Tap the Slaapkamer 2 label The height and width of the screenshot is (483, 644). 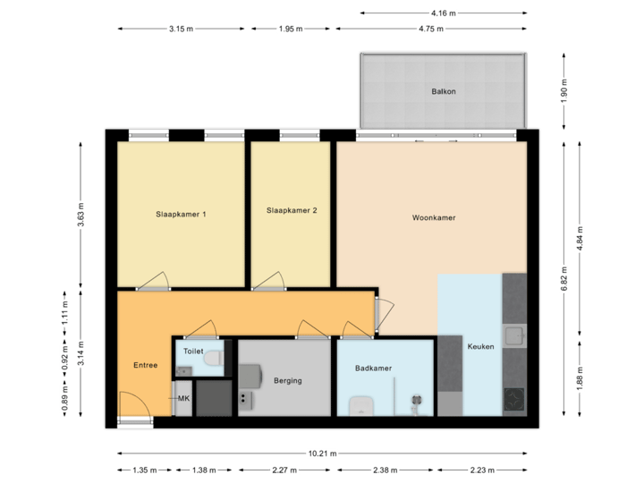pos(292,211)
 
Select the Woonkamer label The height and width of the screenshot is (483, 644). pos(434,217)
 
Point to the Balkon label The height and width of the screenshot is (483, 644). pos(442,91)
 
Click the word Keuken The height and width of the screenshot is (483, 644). pos(480,346)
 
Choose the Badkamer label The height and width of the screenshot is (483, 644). pos(373,368)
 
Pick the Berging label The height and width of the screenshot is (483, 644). pos(287,380)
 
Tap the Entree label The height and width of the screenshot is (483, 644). pos(145,365)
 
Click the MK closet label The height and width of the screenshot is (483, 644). pos(183,397)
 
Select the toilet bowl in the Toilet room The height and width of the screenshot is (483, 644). pos(212,359)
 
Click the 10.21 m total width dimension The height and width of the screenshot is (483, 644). pos(322,453)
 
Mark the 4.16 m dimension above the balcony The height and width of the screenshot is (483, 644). pos(443,13)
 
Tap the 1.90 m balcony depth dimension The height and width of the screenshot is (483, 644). pos(564,91)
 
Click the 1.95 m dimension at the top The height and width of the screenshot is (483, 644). pos(291,30)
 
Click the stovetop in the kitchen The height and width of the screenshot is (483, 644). pos(514,399)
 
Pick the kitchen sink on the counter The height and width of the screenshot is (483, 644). pos(513,337)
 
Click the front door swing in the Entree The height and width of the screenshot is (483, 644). pos(132,407)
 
